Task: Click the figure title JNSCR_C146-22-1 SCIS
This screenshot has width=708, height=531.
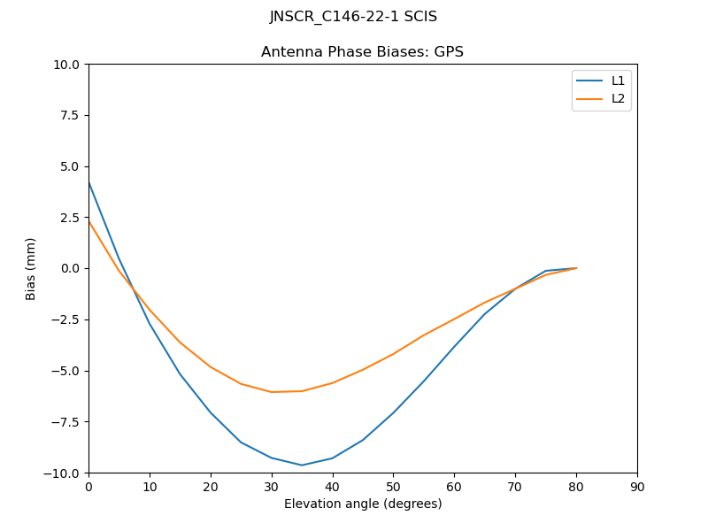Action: tap(353, 17)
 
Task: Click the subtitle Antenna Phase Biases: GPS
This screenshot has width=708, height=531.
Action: tap(362, 52)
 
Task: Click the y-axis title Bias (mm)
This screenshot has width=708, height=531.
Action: tap(31, 268)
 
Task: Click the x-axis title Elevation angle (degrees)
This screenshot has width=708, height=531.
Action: tap(363, 504)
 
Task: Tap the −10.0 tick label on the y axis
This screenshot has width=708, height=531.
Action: tap(64, 473)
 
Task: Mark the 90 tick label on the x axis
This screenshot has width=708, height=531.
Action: tap(637, 487)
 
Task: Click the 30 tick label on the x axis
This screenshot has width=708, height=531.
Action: tap(271, 487)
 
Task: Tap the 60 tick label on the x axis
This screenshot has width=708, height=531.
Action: tap(454, 487)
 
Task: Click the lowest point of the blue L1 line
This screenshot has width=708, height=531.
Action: tap(302, 466)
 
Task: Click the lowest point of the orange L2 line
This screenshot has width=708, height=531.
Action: tap(271, 392)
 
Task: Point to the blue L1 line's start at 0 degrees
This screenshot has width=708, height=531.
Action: tap(88, 181)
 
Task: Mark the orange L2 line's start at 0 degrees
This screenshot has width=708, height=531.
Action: tap(88, 220)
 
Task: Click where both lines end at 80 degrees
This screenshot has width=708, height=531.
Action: tap(576, 268)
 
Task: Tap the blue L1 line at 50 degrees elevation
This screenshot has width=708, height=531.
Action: tap(393, 412)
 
